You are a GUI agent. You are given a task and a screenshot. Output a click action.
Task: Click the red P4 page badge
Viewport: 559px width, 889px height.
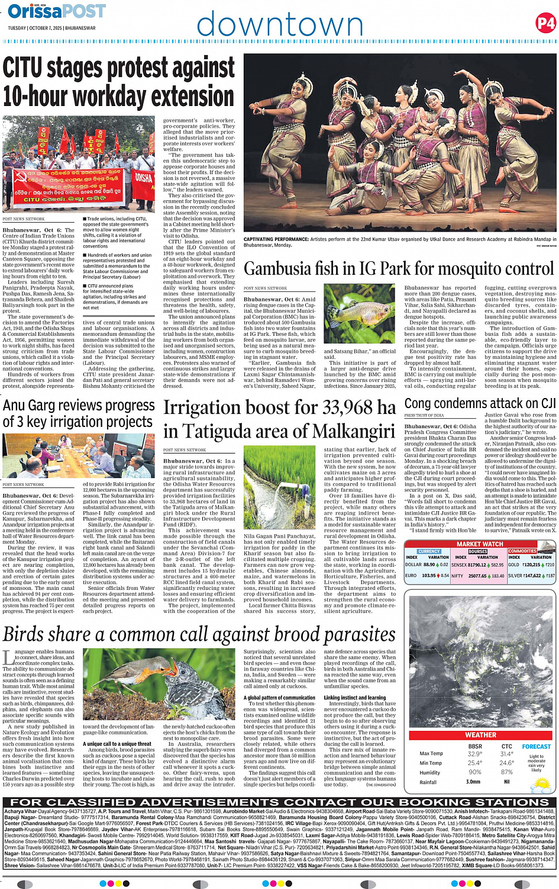point(545,23)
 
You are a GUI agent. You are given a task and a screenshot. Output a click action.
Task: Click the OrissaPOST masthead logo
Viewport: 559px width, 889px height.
point(57,11)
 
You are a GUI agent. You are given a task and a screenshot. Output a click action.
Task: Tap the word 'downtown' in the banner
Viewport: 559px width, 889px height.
point(279,25)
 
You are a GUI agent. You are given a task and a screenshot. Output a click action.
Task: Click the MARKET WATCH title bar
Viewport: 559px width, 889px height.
point(480,544)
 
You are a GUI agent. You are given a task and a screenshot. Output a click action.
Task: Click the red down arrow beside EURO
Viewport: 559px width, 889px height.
point(439,576)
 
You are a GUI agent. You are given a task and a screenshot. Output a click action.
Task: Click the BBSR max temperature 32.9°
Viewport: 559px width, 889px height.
point(474,754)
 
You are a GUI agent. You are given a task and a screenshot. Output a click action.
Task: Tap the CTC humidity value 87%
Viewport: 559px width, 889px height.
point(506,772)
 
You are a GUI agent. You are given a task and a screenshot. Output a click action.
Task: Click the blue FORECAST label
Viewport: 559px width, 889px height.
point(536,746)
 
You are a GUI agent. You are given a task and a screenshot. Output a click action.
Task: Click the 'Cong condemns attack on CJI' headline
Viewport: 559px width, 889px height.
point(480,403)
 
